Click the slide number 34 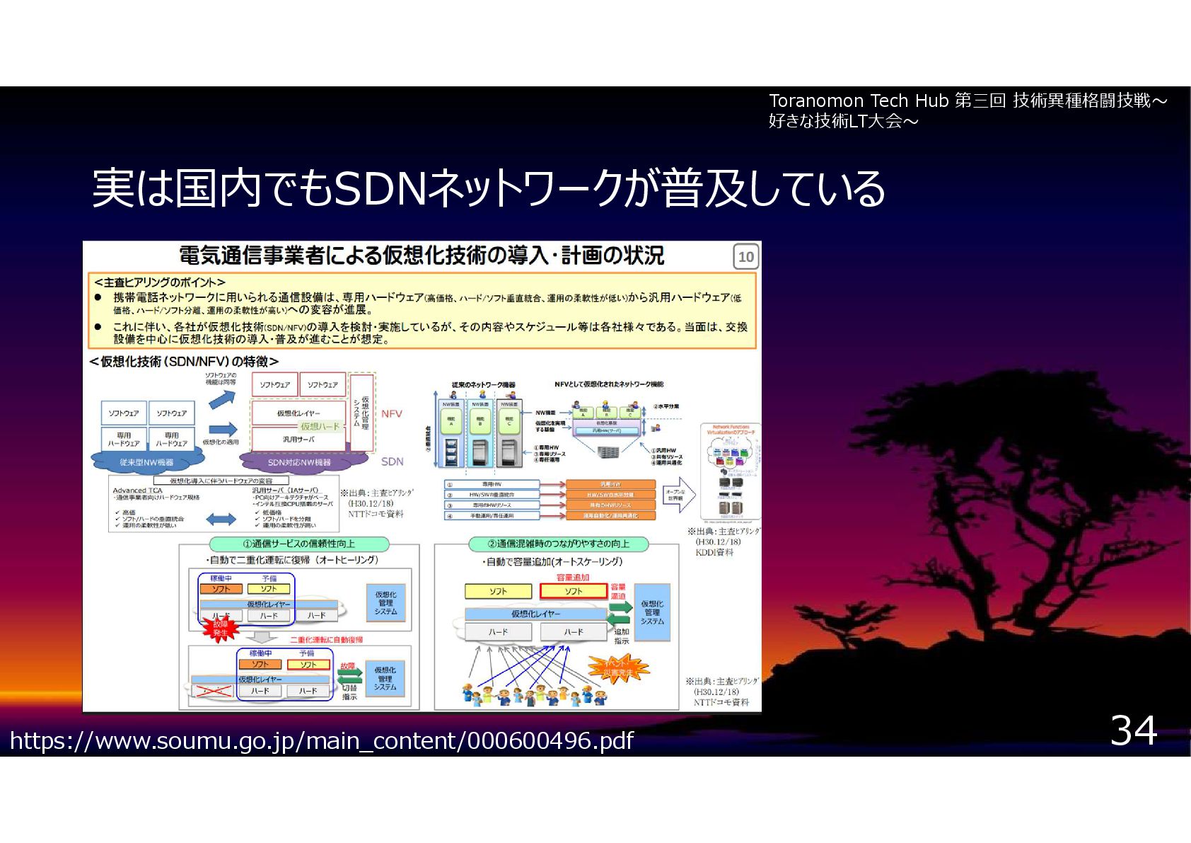[x=1133, y=730]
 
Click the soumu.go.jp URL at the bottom [x=322, y=740]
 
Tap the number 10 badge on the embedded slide [x=745, y=257]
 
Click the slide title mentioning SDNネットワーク [x=488, y=189]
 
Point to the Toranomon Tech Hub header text [x=967, y=110]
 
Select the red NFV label [x=391, y=414]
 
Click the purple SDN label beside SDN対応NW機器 [x=392, y=461]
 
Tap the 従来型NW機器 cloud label [x=146, y=462]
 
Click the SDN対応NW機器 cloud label [x=299, y=462]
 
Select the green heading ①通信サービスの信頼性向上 [x=299, y=544]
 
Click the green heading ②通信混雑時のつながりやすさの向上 [x=558, y=544]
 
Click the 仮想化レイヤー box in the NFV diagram [x=298, y=413]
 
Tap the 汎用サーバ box [x=298, y=440]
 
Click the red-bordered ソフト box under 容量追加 [x=573, y=591]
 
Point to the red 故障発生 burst [x=221, y=628]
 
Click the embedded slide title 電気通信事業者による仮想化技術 [x=422, y=256]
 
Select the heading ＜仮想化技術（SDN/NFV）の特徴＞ [x=184, y=362]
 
